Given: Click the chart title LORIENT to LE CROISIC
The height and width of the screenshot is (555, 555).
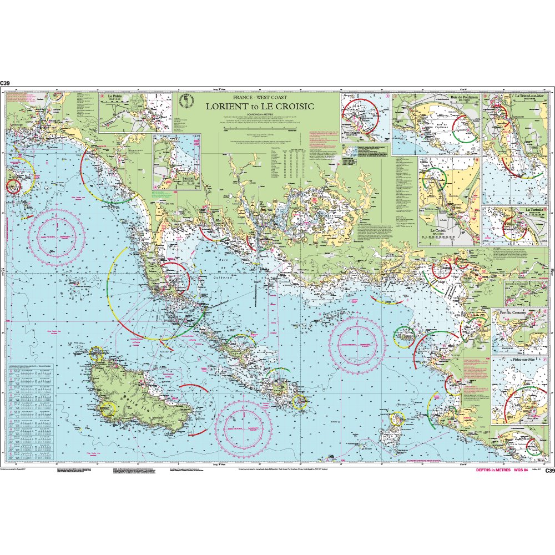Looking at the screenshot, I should (260, 105).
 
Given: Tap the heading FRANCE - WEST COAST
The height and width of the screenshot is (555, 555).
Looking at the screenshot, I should (260, 98).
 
